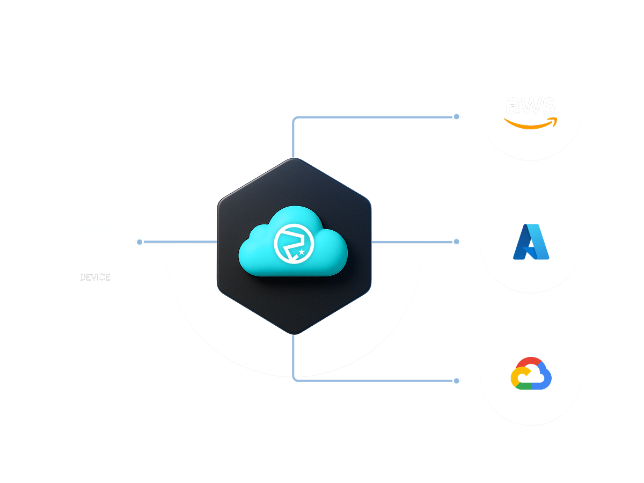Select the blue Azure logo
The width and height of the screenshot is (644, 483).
point(531,242)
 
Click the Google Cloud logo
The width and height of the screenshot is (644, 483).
point(531,373)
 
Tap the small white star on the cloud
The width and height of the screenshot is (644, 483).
point(302,251)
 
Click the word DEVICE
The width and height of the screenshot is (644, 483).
point(95,277)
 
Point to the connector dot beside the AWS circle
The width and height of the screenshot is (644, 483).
point(456,116)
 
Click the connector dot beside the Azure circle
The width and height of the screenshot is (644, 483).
point(456,241)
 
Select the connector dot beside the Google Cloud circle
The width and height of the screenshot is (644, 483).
point(456,381)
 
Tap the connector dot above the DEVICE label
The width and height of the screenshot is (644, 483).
point(140,242)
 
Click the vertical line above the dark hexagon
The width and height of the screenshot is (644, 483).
point(293,140)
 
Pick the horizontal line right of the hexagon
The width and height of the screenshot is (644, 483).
point(397,242)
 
